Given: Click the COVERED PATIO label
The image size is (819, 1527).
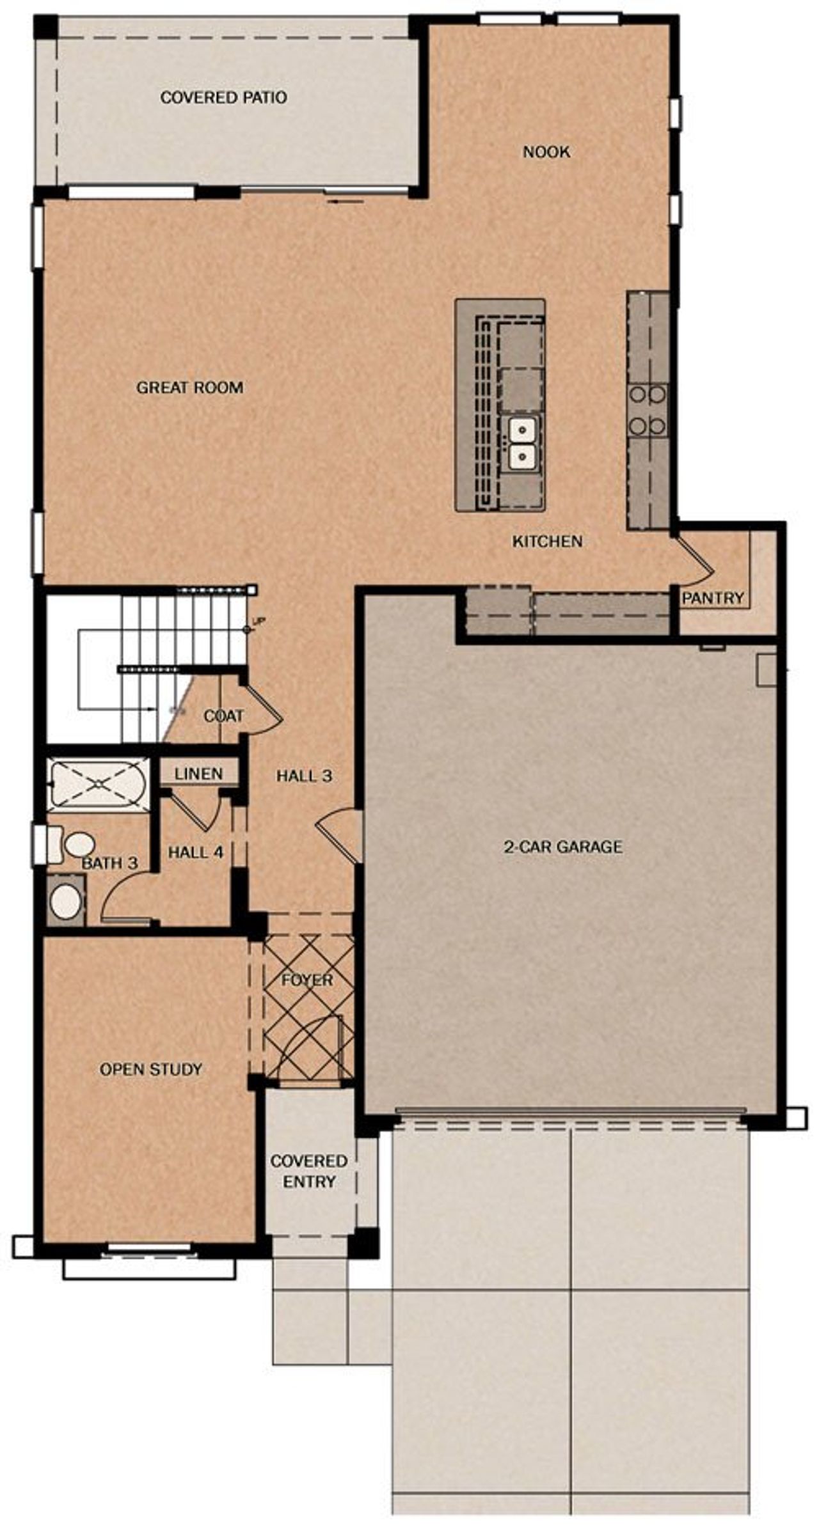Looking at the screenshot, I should click(223, 97).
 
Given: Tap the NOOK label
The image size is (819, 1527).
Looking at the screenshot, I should click(546, 152).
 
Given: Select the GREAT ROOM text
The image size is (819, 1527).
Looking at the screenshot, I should click(189, 387).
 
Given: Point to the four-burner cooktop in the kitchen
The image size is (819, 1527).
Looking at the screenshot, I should click(647, 409).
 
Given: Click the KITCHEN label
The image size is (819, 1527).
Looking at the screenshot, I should click(547, 541).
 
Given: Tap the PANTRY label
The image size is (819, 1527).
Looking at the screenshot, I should click(712, 598).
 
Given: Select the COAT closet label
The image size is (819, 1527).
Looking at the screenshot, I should click(223, 716).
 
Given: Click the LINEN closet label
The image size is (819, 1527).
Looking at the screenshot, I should click(198, 773).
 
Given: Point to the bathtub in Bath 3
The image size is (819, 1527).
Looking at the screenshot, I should click(99, 783).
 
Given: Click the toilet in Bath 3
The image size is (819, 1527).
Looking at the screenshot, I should click(74, 844).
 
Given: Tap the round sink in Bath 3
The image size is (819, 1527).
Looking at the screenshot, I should click(66, 901).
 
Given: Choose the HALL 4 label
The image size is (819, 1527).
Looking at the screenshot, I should click(196, 852).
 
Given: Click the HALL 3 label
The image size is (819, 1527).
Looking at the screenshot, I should click(304, 776).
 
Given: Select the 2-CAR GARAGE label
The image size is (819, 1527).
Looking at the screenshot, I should click(562, 847).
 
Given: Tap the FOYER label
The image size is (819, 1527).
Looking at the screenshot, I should click(307, 980).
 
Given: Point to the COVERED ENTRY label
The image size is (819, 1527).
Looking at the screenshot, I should click(308, 1171).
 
